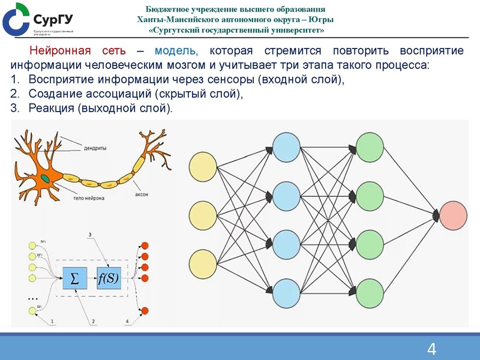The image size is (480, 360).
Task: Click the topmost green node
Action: pos(370,146)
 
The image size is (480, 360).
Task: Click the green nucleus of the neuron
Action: pos(46,178)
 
